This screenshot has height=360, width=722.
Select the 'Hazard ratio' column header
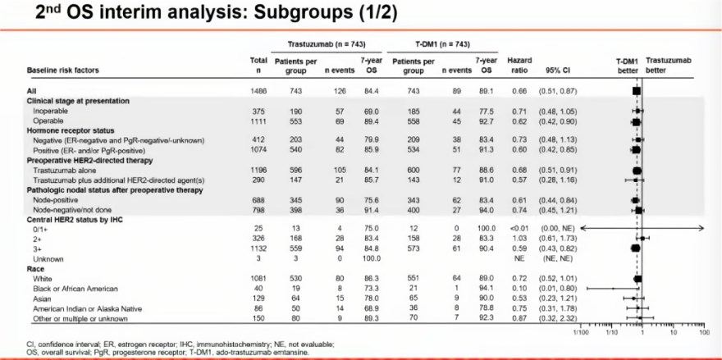[519, 66]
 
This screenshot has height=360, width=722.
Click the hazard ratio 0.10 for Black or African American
[519, 288]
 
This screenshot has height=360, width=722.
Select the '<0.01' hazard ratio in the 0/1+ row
[518, 228]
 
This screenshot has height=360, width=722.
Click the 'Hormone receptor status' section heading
[71, 130]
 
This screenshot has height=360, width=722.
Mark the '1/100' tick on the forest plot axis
[581, 333]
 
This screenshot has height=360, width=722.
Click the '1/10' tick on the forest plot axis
[610, 333]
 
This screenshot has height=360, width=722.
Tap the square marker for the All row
[636, 90]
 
